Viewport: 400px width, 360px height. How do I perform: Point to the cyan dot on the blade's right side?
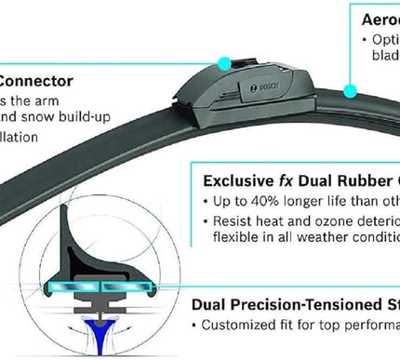point(351,90)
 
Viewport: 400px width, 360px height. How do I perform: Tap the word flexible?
point(229,238)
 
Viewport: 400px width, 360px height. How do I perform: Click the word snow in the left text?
point(47,118)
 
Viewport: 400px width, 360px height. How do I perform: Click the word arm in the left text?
point(66,100)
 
